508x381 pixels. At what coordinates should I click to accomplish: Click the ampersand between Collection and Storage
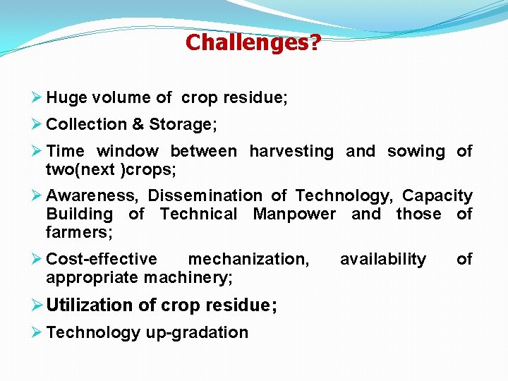click(x=138, y=124)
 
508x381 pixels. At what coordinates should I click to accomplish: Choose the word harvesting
click(x=291, y=151)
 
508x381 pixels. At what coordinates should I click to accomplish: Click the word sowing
click(x=416, y=151)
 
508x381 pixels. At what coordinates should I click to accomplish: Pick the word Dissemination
click(x=205, y=195)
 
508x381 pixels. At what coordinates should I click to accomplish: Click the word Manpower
click(x=294, y=214)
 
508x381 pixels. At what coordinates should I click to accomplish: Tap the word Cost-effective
click(x=102, y=259)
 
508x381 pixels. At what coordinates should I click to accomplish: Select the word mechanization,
click(x=248, y=259)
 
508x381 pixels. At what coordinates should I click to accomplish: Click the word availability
click(x=382, y=259)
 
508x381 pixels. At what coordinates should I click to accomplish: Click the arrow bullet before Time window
click(x=37, y=151)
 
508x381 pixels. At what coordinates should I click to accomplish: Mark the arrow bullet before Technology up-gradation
click(x=37, y=332)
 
